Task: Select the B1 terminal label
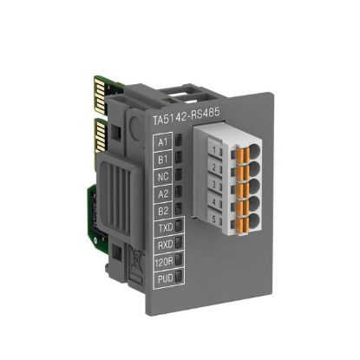pos(162,160)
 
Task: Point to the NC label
pos(162,177)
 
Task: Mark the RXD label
pos(163,246)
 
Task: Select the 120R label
pos(163,263)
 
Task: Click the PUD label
pos(163,279)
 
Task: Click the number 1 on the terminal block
pos(212,148)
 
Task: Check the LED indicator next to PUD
pos(179,279)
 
